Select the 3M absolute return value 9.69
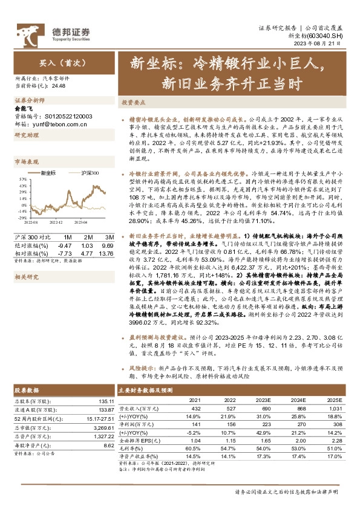106,246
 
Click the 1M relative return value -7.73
64,253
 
